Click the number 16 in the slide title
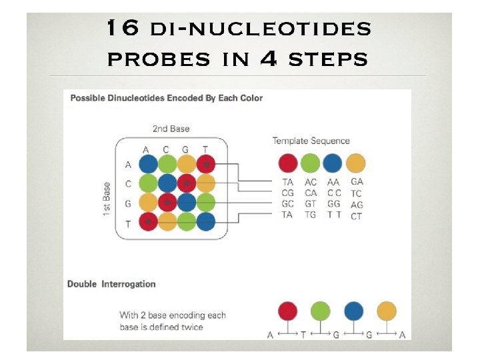121,29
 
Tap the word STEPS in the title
327,59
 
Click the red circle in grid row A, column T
207,164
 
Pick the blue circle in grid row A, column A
148,164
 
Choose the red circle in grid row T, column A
148,221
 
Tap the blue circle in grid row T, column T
207,221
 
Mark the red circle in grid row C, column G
187,183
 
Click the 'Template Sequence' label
311,141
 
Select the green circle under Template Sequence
310,163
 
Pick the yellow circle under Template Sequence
357,163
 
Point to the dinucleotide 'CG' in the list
287,193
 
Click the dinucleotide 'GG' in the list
333,204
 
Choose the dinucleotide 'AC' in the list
310,181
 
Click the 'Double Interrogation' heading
111,284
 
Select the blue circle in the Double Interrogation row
354,311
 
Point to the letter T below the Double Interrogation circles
302,335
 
